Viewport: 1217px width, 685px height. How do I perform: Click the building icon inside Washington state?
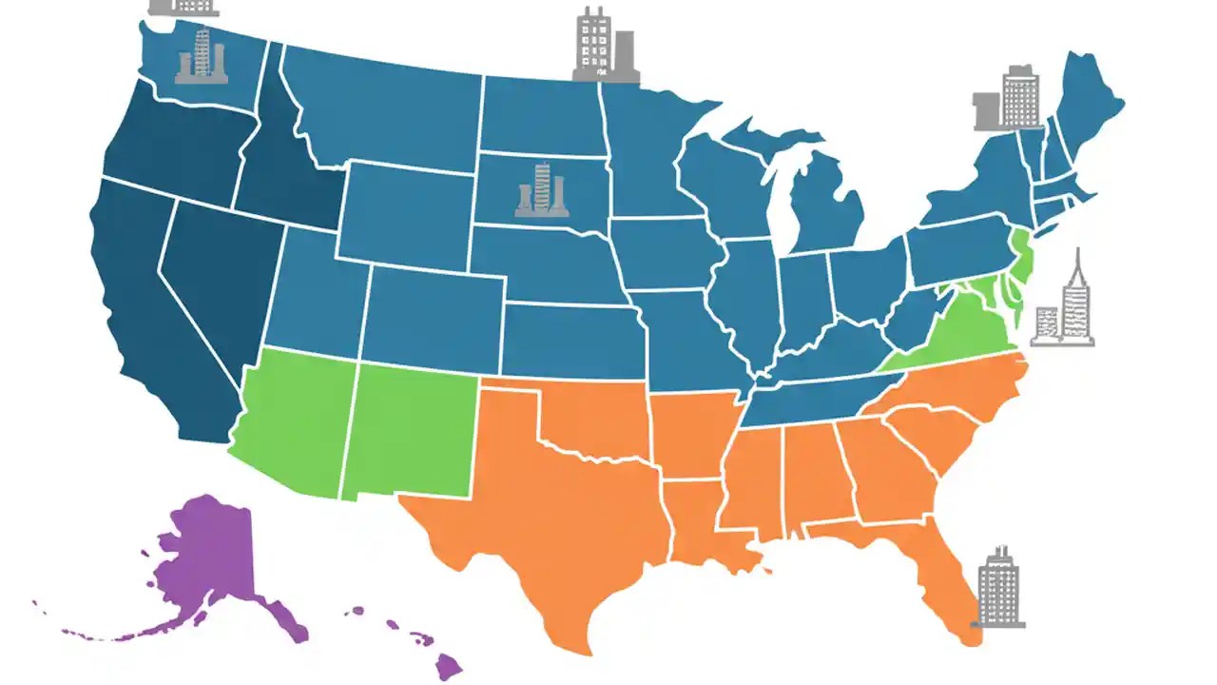click(202, 56)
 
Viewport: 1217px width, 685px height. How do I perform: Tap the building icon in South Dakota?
click(542, 190)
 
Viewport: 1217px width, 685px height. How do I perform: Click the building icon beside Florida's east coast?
click(998, 588)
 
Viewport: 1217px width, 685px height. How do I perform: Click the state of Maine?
click(1089, 105)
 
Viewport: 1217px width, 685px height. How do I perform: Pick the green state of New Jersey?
click(1019, 257)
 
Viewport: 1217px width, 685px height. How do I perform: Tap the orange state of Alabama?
click(814, 471)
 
